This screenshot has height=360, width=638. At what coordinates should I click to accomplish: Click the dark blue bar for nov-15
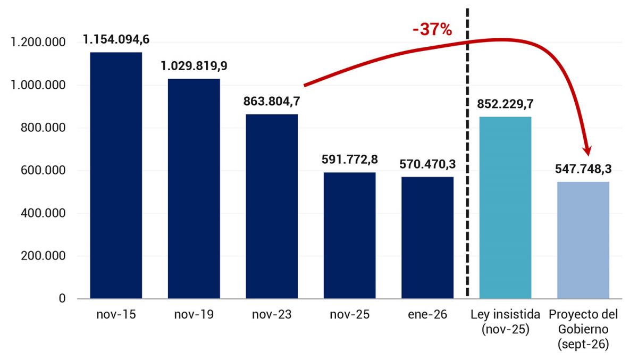(116, 175)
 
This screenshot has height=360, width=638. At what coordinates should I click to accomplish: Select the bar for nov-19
(194, 189)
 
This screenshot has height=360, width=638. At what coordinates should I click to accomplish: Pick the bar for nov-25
(349, 235)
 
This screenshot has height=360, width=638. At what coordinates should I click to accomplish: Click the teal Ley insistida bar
(505, 207)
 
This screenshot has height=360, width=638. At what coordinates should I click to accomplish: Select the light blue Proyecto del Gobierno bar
(583, 240)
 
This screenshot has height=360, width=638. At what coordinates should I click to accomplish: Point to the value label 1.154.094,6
(116, 40)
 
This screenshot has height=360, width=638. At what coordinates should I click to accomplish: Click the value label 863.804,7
(272, 102)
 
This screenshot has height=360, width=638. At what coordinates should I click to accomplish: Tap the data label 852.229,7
(506, 104)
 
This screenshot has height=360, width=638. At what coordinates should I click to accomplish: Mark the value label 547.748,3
(583, 170)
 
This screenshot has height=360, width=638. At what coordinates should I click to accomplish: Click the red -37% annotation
(432, 30)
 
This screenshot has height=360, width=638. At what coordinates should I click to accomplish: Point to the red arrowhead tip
(588, 154)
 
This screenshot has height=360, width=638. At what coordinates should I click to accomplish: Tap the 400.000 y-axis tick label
(43, 213)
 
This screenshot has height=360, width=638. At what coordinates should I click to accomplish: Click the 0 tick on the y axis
(63, 299)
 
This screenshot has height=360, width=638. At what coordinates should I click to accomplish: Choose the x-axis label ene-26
(427, 315)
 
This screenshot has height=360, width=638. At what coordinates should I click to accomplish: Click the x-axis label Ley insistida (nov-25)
(505, 322)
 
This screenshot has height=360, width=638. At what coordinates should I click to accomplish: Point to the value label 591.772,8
(350, 160)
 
